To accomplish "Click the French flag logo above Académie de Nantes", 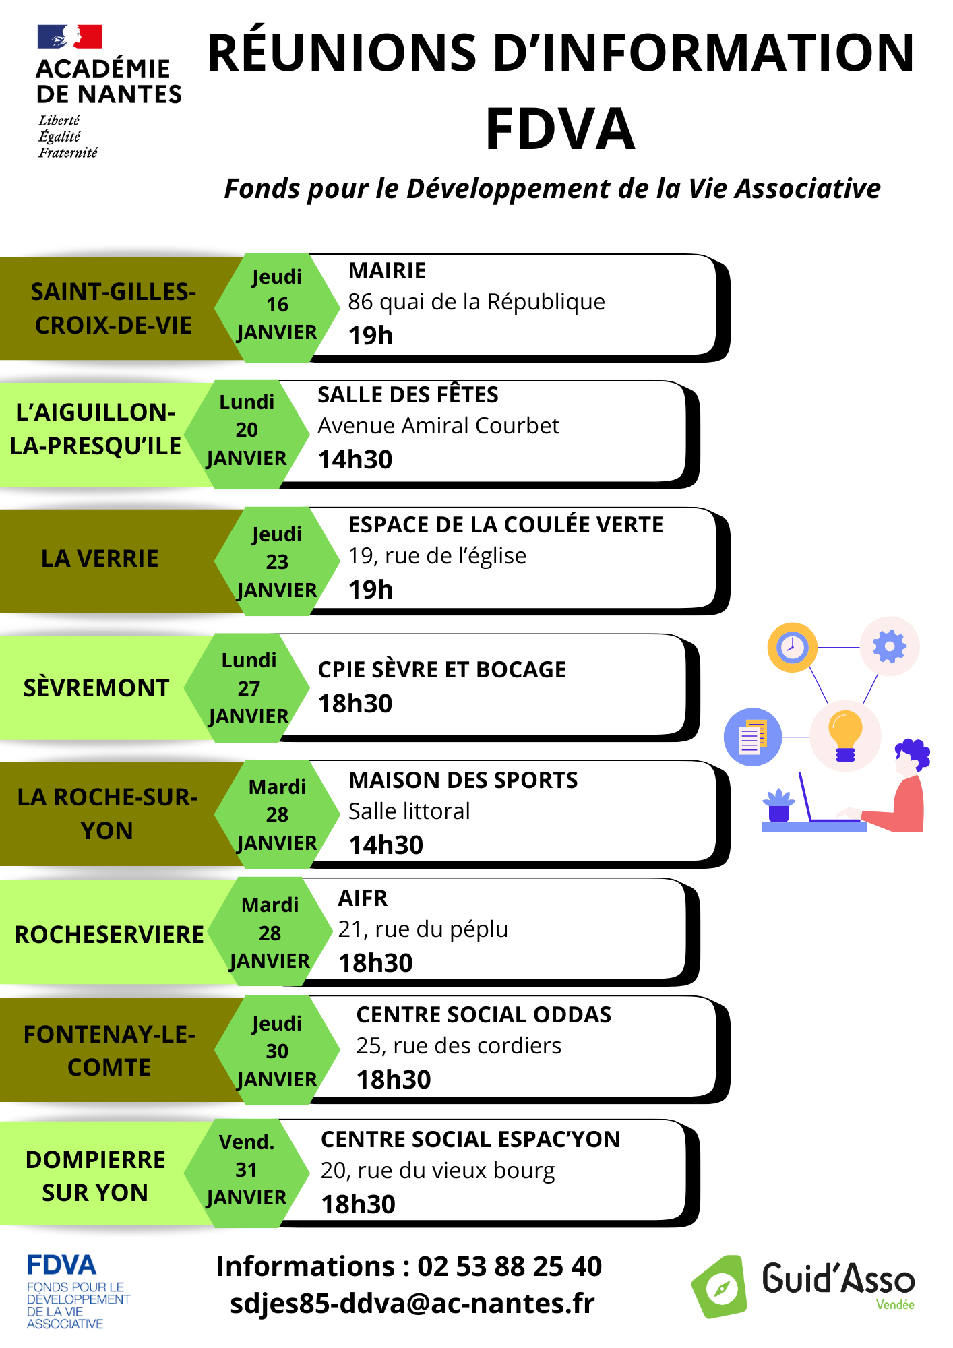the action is coord(69,36).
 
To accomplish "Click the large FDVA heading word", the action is coord(560,129).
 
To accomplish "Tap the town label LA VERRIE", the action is coord(100,559).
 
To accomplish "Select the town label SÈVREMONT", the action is coord(96,688).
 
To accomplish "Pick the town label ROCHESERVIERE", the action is coord(109,935).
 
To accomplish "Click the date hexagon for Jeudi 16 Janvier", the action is coord(277,307).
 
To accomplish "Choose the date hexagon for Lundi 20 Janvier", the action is coord(247,434).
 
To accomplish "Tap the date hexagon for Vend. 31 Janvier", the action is coord(247,1173).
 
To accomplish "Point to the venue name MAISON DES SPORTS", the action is coord(463,780).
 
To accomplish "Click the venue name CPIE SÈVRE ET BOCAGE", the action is coord(442,669).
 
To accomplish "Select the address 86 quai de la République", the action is coord(476,302).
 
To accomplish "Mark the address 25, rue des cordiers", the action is coord(458,1045).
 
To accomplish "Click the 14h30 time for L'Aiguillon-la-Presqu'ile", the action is coord(355,460).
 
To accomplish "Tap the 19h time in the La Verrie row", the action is coord(371,590).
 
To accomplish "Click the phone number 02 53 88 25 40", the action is coord(510,1266).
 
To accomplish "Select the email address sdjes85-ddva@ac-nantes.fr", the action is coord(412,1304).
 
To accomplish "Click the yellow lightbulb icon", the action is coord(845,736).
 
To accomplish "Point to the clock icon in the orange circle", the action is coord(792,648).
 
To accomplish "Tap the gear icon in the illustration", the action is coord(890,646).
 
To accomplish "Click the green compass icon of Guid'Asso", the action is coord(720,1287).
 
